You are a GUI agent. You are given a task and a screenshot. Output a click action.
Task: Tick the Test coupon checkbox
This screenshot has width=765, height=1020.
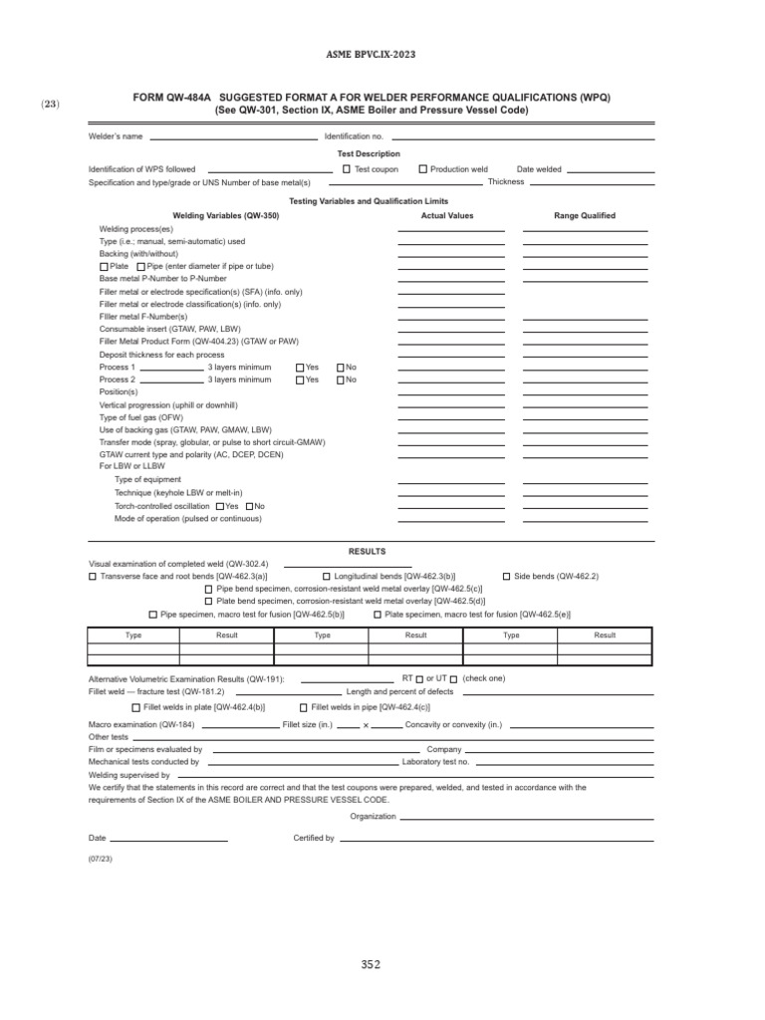(x=346, y=169)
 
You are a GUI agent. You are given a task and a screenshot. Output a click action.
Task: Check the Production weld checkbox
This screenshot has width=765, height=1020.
(x=422, y=169)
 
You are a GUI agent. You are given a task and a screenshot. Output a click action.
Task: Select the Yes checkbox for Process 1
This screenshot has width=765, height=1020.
(x=301, y=368)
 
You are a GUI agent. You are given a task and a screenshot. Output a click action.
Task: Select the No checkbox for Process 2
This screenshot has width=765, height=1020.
(x=340, y=380)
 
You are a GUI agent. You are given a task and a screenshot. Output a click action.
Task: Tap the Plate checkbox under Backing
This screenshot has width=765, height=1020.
(x=104, y=267)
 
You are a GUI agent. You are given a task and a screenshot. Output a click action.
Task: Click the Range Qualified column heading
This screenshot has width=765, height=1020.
(x=585, y=215)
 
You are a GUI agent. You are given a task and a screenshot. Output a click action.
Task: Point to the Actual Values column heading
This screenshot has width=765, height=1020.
(x=447, y=215)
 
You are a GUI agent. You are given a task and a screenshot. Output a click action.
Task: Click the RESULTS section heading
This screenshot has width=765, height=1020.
(x=367, y=551)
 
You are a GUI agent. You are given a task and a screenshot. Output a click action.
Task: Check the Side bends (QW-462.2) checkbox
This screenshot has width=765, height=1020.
(x=506, y=577)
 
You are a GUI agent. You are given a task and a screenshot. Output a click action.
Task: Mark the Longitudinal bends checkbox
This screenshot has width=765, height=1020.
(x=327, y=577)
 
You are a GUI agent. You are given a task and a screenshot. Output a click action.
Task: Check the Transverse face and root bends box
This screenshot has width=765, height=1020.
(x=94, y=577)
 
